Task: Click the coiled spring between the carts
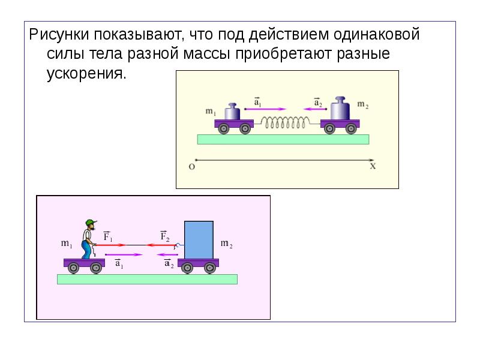[284, 122]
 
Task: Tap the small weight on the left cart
[232, 112]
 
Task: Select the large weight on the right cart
[340, 109]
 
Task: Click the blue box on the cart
[199, 240]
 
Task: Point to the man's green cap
[91, 222]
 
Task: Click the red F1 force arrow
[110, 245]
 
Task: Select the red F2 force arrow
[161, 245]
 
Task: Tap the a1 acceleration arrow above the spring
[265, 109]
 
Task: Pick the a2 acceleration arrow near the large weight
[315, 109]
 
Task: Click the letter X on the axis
[373, 166]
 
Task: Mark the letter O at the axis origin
[191, 167]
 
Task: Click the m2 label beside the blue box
[227, 244]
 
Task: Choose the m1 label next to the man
[67, 244]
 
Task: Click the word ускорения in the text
[86, 74]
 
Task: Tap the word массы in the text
[206, 54]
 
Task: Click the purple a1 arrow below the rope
[124, 254]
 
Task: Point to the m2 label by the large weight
[363, 104]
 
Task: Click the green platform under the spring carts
[283, 139]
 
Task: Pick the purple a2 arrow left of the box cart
[167, 254]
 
